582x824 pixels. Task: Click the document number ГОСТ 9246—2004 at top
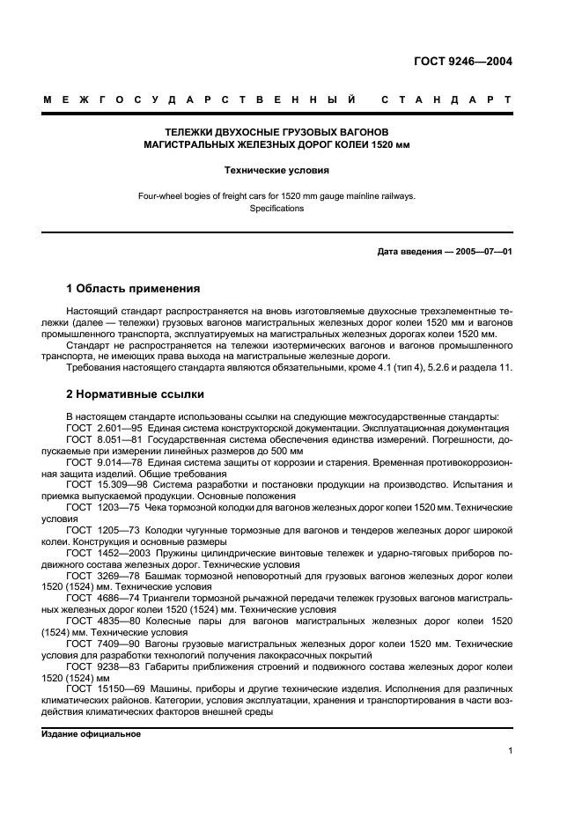(x=463, y=62)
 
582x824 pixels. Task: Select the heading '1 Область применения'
(x=133, y=288)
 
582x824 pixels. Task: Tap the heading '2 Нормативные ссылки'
(x=136, y=394)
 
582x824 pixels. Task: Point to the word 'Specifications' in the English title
(x=276, y=209)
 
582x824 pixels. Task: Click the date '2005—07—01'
(x=483, y=251)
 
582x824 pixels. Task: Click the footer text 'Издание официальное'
(x=91, y=732)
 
